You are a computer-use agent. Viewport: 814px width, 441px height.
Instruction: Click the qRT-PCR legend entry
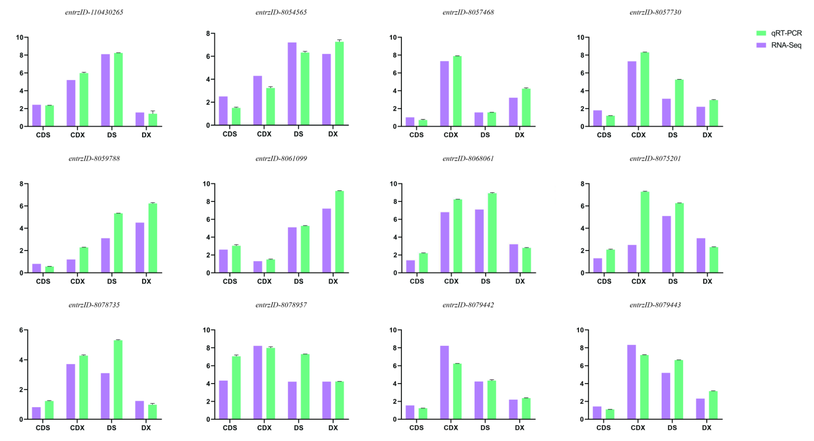pos(779,33)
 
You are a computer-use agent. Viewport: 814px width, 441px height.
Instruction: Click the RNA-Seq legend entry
pos(779,45)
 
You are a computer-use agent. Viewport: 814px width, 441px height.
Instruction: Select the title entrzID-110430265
pos(94,12)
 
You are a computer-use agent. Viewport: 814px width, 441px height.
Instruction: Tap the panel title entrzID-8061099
pos(281,158)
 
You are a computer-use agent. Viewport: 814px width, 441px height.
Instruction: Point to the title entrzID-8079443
pos(655,305)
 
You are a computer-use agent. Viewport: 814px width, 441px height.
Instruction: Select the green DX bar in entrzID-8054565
pos(339,83)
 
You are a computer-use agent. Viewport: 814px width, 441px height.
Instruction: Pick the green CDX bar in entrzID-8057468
pos(457,91)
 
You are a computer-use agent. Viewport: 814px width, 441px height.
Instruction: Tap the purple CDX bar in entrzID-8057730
pos(632,94)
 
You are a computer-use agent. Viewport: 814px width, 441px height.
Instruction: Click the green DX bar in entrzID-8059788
pos(153,238)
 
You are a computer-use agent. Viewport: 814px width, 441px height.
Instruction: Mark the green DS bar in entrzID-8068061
pos(492,233)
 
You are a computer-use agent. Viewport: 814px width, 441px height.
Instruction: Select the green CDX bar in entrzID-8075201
pos(645,232)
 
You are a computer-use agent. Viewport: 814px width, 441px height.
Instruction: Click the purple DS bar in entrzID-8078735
pos(105,396)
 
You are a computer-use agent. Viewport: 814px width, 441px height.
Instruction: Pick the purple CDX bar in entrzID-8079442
pos(444,383)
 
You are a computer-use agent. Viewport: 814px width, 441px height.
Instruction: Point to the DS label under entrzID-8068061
pos(485,281)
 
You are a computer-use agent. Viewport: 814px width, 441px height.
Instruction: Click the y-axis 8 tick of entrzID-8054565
pos(208,33)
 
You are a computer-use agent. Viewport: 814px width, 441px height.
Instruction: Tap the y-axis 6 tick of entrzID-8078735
pos(21,330)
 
